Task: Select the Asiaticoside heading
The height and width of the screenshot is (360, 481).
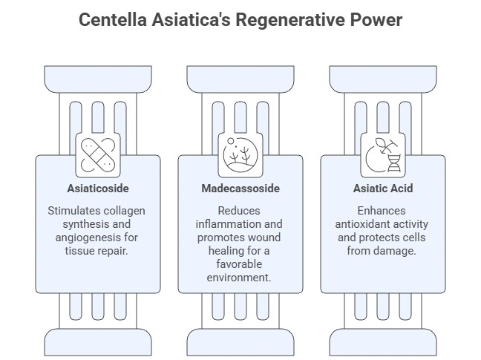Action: (98, 189)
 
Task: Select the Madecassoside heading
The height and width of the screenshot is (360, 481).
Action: (240, 189)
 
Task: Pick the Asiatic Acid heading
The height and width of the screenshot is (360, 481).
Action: (383, 189)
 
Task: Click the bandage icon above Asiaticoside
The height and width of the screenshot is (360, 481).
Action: (98, 153)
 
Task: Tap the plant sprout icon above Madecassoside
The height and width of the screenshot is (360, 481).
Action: (240, 153)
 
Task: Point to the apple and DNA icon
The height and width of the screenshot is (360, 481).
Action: (383, 153)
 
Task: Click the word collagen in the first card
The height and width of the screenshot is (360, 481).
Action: (125, 211)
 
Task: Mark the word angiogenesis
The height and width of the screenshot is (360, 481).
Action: (85, 238)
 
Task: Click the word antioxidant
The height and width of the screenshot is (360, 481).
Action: (365, 224)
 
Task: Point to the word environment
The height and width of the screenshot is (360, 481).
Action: (240, 278)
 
